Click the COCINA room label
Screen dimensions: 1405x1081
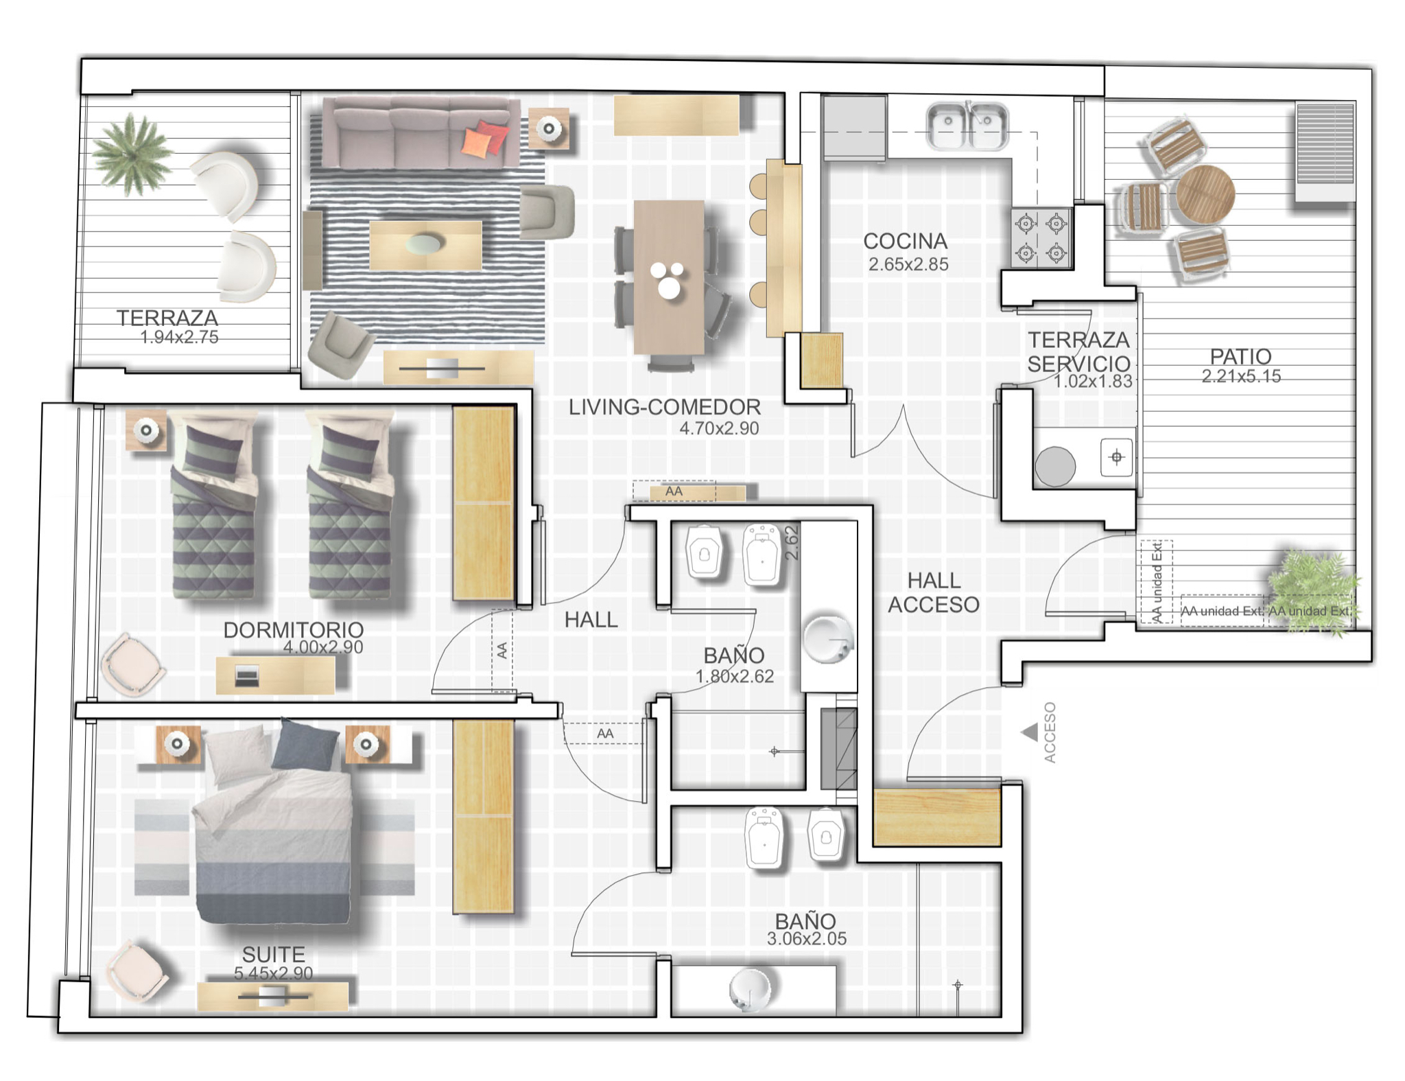[x=905, y=241]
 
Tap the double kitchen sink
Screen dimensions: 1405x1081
[x=967, y=126]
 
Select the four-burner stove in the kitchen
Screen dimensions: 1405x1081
[x=1041, y=237]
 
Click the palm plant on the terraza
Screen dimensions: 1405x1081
[x=132, y=154]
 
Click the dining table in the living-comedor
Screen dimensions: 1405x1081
[x=669, y=277]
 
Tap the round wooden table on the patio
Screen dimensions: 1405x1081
[x=1205, y=194]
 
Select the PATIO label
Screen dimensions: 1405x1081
[x=1240, y=356]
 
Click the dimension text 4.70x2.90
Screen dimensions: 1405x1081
[x=719, y=428]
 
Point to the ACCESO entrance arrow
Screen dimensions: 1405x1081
[x=1030, y=733]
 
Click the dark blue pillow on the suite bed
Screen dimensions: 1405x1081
[x=305, y=744]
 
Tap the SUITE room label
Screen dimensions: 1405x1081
[x=273, y=954]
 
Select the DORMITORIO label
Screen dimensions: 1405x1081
[x=294, y=629]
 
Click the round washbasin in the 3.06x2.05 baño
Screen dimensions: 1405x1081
[x=750, y=989]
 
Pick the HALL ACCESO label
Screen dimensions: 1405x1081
[x=934, y=592]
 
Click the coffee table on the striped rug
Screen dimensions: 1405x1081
[x=425, y=245]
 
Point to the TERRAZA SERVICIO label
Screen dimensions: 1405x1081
[x=1078, y=351]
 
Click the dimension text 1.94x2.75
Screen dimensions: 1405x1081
[x=179, y=337]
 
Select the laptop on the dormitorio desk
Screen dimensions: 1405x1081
[x=247, y=676]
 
